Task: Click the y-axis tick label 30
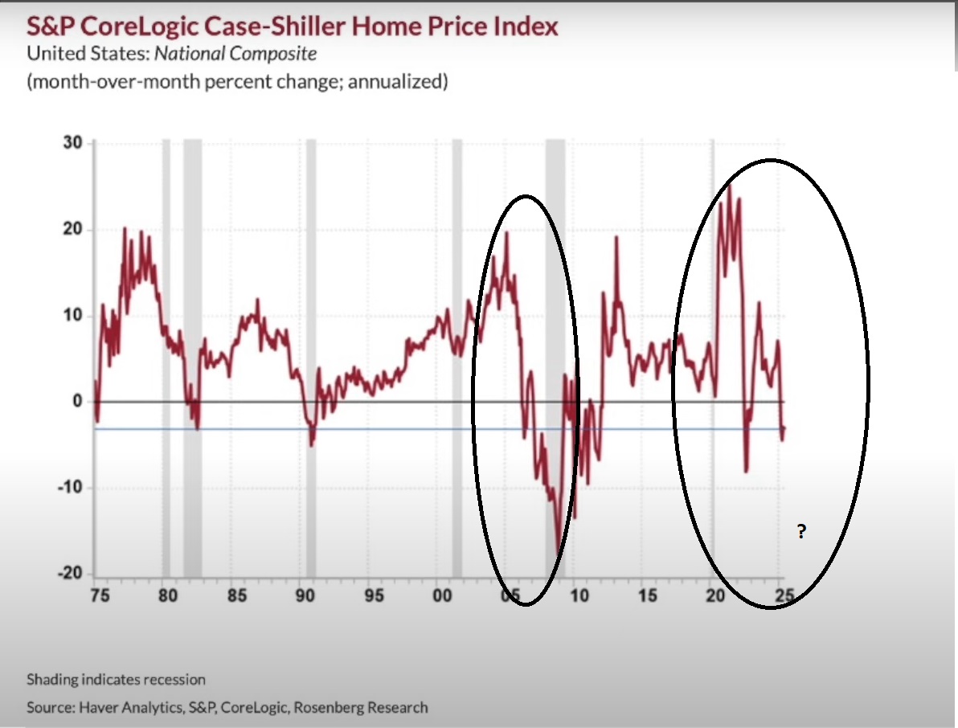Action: click(73, 143)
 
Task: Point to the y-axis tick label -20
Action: click(70, 574)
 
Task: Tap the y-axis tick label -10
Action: click(70, 488)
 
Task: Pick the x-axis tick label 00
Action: click(442, 596)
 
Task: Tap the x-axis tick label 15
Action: click(648, 596)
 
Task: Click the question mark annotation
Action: click(801, 531)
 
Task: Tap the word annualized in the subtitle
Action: click(395, 82)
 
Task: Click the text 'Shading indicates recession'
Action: click(116, 680)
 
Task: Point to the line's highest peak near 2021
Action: click(729, 186)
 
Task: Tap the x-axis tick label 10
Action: click(579, 596)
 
